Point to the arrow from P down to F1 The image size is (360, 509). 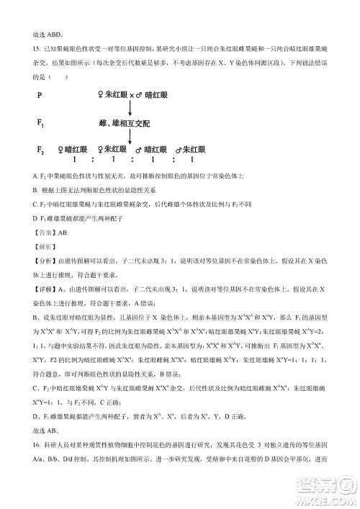point(128,109)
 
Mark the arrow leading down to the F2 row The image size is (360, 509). point(128,138)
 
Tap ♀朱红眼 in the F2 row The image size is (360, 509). point(112,150)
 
